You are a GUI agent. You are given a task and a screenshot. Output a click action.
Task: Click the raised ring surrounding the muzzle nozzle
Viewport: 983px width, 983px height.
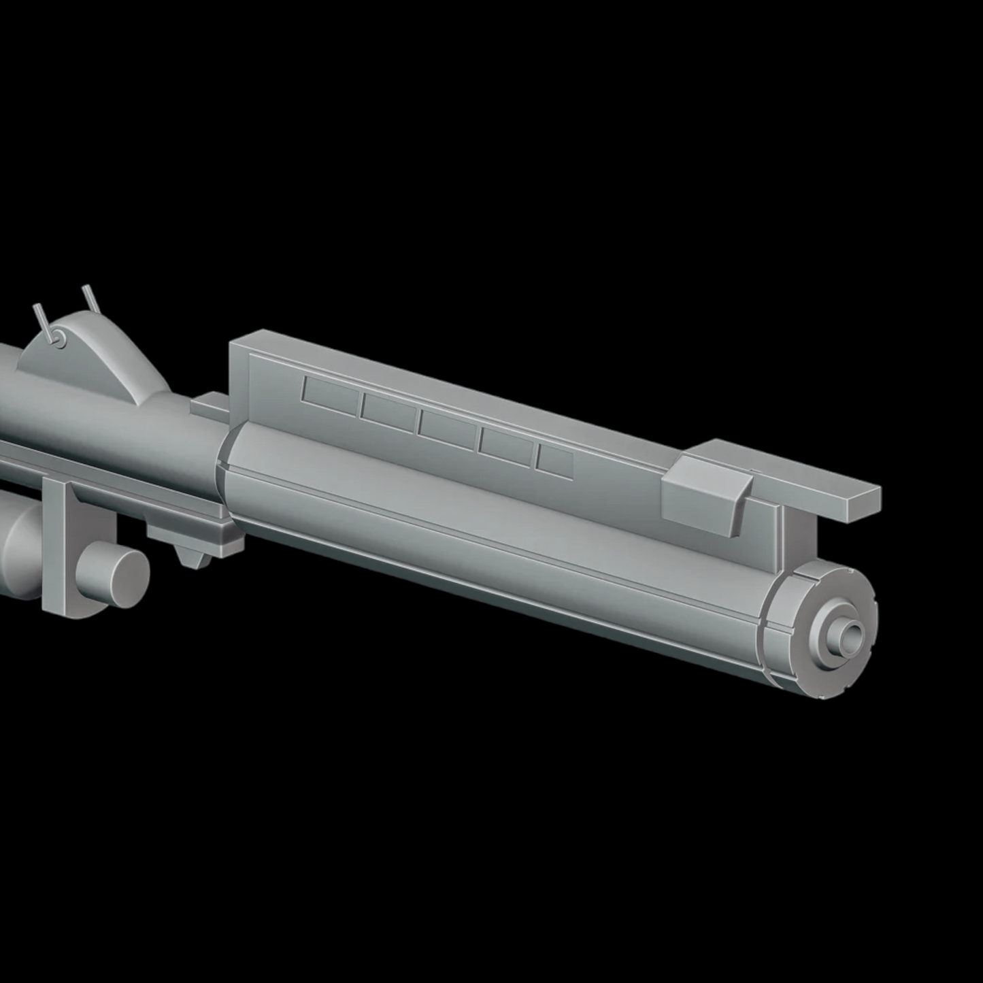coord(831,636)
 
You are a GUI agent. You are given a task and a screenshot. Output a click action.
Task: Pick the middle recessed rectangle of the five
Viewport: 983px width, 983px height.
coord(446,429)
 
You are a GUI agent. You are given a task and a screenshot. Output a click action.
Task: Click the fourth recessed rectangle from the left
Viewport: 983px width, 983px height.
coord(505,447)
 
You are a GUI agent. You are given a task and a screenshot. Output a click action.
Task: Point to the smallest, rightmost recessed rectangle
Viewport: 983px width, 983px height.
coord(554,462)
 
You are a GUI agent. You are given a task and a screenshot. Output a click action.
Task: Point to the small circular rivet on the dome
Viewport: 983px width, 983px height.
coord(60,337)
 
